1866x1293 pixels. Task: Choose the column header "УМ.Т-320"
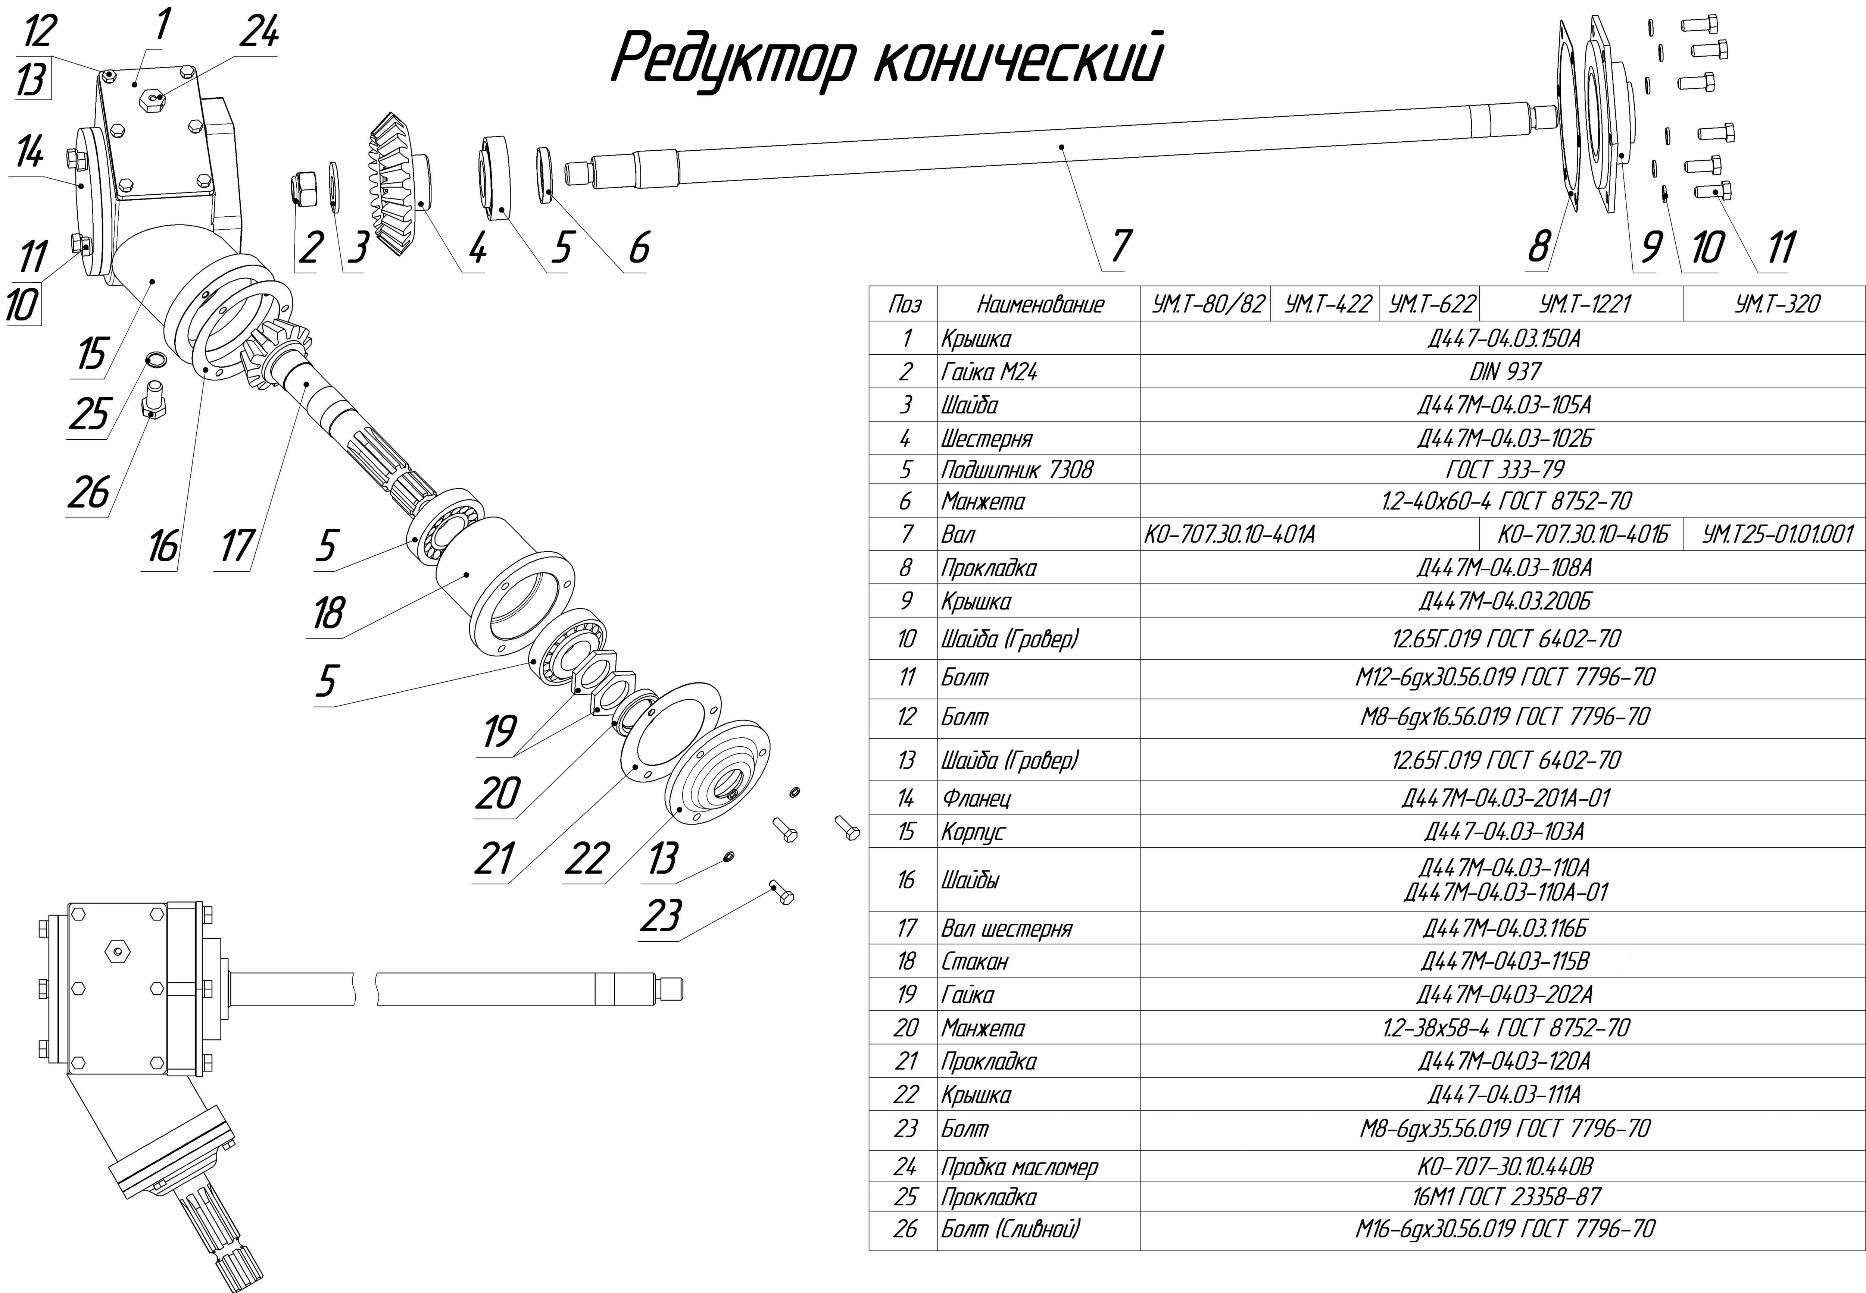pos(1777,304)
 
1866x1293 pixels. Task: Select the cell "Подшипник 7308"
pos(1017,470)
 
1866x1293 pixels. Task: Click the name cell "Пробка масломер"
pos(1019,1167)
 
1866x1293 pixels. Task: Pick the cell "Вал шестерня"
pos(1006,928)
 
